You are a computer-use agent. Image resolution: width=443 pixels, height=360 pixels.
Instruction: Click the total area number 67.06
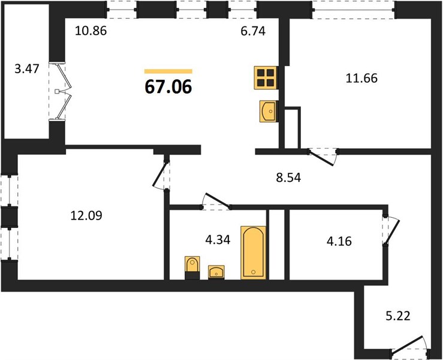[168, 86]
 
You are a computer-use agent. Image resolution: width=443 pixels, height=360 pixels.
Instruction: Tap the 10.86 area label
[91, 31]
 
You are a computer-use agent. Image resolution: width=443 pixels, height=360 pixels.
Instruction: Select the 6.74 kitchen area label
[253, 31]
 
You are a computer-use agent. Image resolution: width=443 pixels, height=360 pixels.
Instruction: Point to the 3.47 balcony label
[26, 69]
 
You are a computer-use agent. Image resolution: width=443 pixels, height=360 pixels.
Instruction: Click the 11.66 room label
[361, 78]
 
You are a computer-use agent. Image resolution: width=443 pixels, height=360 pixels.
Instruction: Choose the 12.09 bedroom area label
[86, 216]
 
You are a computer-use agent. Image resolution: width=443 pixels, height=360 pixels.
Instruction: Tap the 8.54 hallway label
[288, 178]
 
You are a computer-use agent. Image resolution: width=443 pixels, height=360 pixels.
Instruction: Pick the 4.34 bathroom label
[218, 240]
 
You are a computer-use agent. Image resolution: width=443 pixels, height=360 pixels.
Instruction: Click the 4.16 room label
[339, 242]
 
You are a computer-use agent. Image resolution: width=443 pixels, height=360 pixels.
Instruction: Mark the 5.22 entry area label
[398, 316]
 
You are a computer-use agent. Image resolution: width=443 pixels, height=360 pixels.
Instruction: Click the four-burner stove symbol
[266, 78]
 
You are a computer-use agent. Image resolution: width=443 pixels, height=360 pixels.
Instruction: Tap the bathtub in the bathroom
[254, 253]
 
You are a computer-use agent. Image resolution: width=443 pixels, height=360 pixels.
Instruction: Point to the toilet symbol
[192, 268]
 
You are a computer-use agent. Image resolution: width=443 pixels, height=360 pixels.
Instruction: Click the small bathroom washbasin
[216, 272]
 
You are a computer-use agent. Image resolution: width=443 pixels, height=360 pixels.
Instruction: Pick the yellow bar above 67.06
[168, 71]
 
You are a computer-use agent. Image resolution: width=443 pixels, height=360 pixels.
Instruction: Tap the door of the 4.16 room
[391, 231]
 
